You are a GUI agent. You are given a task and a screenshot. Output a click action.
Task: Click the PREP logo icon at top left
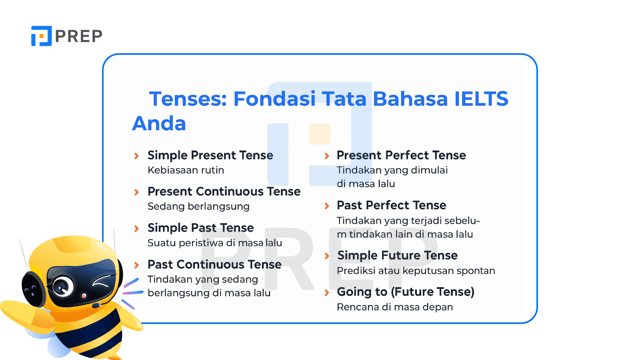tap(42, 36)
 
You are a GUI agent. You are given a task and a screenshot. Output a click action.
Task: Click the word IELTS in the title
tap(482, 98)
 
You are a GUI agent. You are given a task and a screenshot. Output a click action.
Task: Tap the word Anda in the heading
tap(159, 124)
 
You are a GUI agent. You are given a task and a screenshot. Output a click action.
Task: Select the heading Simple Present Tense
tap(210, 155)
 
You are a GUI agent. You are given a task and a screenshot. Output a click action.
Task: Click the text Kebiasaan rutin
tap(186, 170)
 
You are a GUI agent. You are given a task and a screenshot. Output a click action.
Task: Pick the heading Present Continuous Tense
tap(224, 192)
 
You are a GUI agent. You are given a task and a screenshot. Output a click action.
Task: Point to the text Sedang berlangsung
tap(198, 206)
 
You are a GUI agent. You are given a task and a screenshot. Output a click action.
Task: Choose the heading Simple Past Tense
tap(200, 228)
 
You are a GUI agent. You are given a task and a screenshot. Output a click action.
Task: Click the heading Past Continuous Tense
tap(214, 264)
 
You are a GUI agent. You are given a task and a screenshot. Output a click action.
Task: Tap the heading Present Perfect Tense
tap(402, 155)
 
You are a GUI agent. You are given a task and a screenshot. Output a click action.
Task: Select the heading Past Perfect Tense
tap(392, 205)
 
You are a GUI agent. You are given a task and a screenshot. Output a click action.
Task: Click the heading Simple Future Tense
tap(398, 255)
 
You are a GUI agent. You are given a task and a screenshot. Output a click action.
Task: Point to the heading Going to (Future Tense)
tap(406, 292)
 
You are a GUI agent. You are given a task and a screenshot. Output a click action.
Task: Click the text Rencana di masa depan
tap(395, 307)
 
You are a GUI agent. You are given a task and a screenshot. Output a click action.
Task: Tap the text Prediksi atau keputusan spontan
tap(416, 270)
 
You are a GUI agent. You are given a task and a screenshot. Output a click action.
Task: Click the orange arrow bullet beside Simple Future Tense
tap(327, 256)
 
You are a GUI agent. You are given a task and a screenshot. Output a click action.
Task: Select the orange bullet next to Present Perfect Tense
tap(327, 156)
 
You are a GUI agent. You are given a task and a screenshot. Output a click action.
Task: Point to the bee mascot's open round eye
tap(63, 286)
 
